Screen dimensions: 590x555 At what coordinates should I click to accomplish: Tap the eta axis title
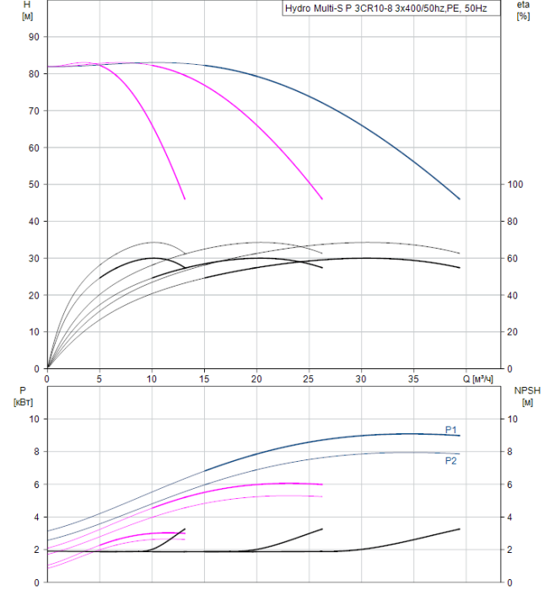coord(523,11)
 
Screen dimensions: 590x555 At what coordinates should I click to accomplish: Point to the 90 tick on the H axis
coord(35,37)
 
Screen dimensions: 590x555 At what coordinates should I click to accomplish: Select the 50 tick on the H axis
coord(35,185)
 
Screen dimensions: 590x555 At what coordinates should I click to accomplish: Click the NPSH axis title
coord(525,397)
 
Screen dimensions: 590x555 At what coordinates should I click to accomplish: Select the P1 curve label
coord(451,430)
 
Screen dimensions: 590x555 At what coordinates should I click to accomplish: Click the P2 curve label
coord(451,460)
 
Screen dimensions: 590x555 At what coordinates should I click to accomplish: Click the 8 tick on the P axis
coord(35,452)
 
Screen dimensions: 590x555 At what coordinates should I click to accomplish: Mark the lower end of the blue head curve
coord(460,199)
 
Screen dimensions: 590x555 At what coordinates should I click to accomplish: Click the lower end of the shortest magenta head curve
coord(185,199)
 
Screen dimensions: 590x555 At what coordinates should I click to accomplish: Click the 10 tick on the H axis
coord(35,332)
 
